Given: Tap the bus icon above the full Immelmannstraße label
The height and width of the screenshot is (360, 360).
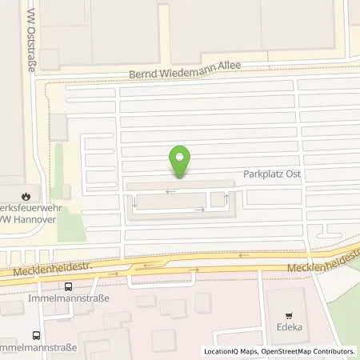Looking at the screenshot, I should (x=68, y=286).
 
